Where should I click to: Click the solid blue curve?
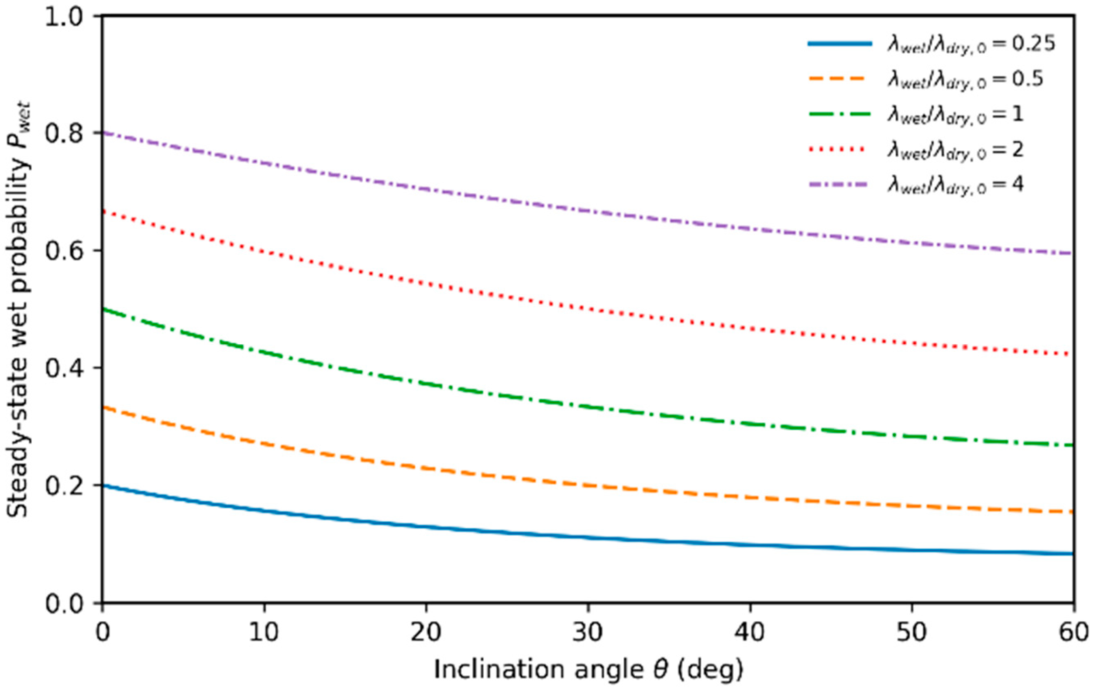[588, 537]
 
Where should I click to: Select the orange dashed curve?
[588, 486]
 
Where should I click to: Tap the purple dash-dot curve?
[588, 211]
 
